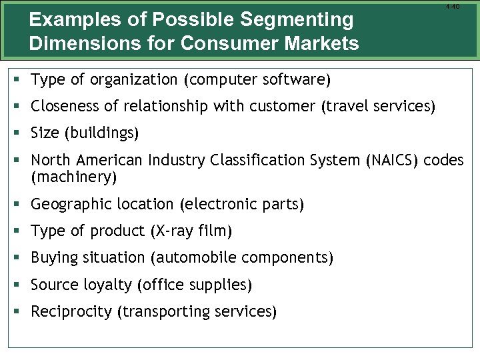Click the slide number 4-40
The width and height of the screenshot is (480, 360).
[x=452, y=6]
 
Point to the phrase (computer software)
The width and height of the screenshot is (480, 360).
[x=259, y=81]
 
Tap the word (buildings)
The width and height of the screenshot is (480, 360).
[x=101, y=133]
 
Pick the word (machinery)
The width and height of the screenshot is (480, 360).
[x=74, y=177]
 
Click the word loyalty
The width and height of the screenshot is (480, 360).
[x=108, y=285]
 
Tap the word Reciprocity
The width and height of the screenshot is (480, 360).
[x=72, y=311]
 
